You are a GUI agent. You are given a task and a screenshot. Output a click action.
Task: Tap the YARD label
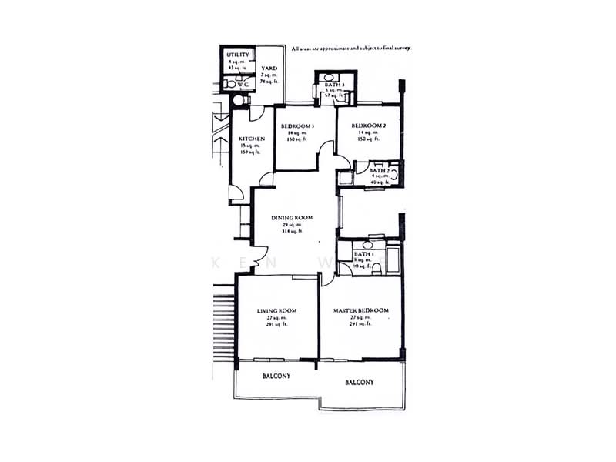click(269, 69)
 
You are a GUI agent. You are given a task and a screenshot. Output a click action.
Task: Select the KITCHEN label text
click(252, 139)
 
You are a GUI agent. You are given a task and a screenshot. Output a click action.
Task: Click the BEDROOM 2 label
click(368, 126)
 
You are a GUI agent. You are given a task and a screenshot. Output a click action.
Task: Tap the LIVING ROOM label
click(277, 311)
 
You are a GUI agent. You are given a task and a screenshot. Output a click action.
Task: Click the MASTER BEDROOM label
click(360, 311)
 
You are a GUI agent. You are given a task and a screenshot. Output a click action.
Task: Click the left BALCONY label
click(276, 376)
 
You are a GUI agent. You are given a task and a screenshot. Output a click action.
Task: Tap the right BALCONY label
click(360, 382)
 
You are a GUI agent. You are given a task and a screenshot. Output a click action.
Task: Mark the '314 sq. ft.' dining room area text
click(292, 231)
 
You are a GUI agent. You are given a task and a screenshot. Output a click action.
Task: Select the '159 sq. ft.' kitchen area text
click(252, 152)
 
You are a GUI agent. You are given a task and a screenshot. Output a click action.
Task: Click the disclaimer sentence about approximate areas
click(352, 48)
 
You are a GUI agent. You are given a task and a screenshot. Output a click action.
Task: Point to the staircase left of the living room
click(223, 323)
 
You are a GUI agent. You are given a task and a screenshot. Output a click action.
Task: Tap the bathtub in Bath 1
click(393, 260)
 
